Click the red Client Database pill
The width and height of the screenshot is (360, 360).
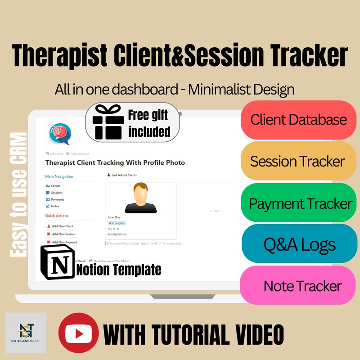298,120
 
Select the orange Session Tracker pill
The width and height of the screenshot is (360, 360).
298,161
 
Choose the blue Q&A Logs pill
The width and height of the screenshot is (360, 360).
299,244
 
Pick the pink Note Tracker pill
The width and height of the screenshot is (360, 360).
302,286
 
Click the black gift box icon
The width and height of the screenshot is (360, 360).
107,122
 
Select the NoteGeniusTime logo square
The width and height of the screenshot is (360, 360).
26,333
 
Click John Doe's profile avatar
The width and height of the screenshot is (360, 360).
141,198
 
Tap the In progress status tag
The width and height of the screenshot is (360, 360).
117,223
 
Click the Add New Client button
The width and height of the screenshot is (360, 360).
60,226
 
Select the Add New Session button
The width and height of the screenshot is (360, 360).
62,234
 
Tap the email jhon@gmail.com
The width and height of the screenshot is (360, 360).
117,234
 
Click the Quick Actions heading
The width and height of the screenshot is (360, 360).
57,216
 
